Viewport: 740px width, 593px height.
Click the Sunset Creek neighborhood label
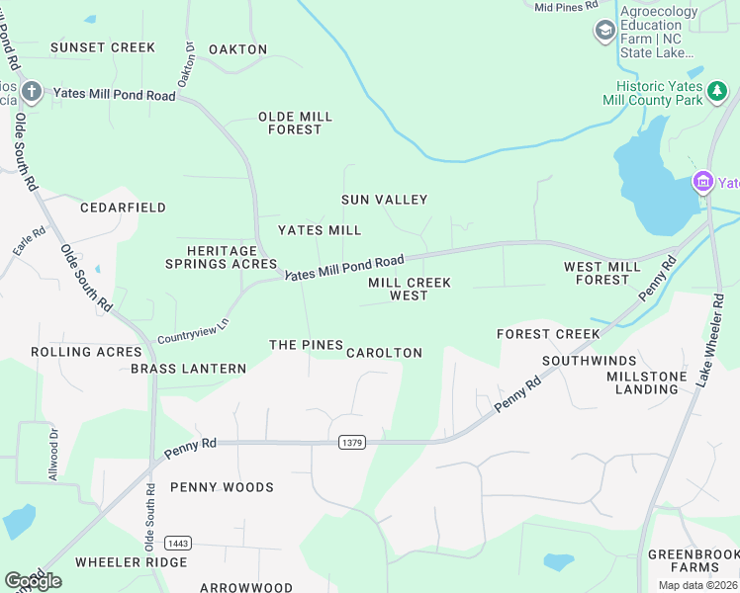pyautogui.click(x=103, y=47)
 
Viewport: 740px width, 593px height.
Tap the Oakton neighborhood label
pyautogui.click(x=238, y=49)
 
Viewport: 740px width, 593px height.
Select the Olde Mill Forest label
pyautogui.click(x=295, y=123)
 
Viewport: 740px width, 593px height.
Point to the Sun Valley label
pyautogui.click(x=385, y=200)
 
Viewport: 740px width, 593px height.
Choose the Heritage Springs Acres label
pyautogui.click(x=221, y=258)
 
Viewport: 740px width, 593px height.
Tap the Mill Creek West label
pyautogui.click(x=410, y=289)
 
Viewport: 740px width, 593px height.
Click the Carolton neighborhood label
pyautogui.click(x=384, y=353)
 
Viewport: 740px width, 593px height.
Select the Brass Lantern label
pyautogui.click(x=188, y=369)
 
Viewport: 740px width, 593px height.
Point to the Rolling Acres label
pyautogui.click(x=87, y=352)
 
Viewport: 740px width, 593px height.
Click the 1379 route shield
pyautogui.click(x=350, y=442)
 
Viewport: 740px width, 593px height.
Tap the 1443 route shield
pyautogui.click(x=178, y=544)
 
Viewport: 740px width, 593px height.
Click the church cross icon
pyautogui.click(x=32, y=93)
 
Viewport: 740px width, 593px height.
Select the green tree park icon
pyautogui.click(x=717, y=94)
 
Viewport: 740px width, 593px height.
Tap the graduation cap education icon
pyautogui.click(x=604, y=31)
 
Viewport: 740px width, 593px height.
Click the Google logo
pyautogui.click(x=33, y=580)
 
